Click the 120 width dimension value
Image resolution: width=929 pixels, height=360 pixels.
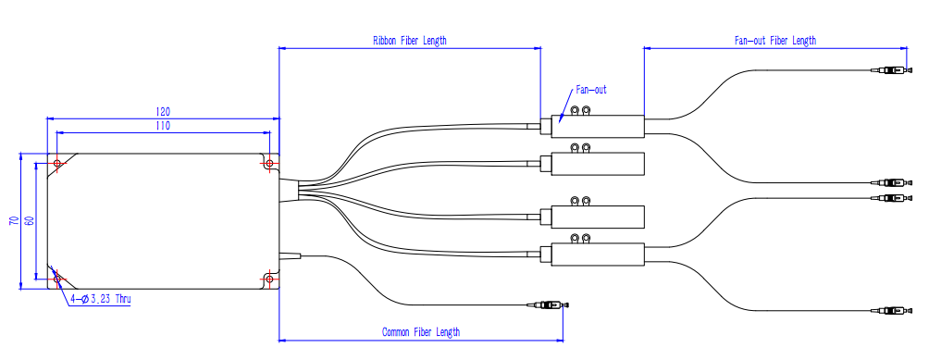pos(163,112)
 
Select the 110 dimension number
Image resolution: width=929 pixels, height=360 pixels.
pos(163,126)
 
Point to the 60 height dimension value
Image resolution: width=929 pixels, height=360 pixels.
pos(30,221)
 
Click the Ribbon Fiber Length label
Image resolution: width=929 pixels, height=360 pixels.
pos(409,41)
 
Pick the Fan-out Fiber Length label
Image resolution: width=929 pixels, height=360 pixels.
pos(775,41)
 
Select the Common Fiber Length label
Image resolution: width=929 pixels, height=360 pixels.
pos(421,332)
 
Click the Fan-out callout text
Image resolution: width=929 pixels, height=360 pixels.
pos(591,91)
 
